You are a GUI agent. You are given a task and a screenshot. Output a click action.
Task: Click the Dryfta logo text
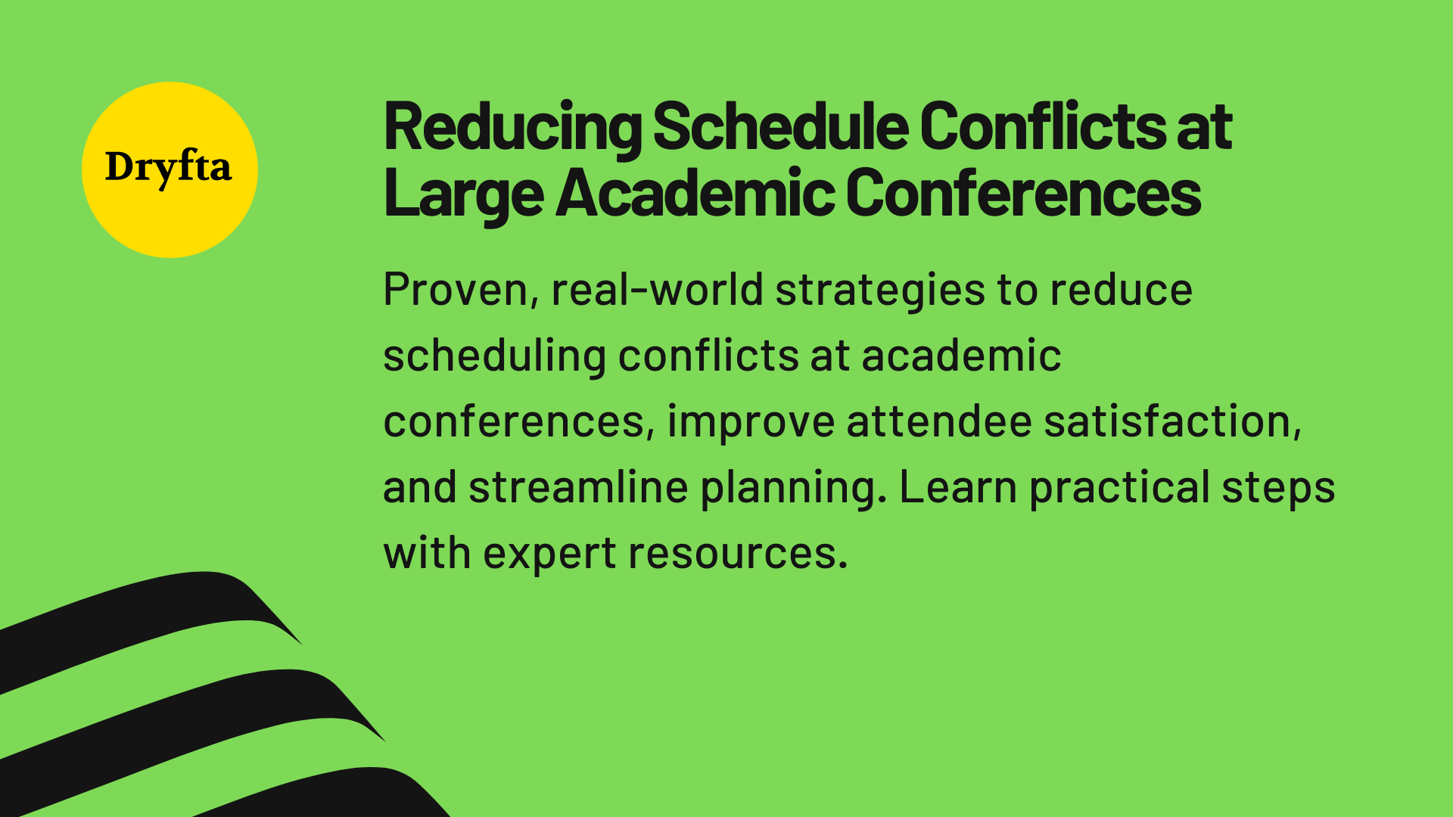point(168,167)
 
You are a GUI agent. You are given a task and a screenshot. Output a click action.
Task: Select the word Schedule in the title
point(780,126)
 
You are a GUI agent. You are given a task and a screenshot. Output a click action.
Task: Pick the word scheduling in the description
point(494,356)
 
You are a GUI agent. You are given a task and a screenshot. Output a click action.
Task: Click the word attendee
point(938,421)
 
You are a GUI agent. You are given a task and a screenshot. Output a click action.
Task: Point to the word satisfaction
point(1171,421)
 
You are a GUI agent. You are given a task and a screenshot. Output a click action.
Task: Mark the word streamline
point(578,487)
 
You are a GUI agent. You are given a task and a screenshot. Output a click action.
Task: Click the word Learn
point(957,487)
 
